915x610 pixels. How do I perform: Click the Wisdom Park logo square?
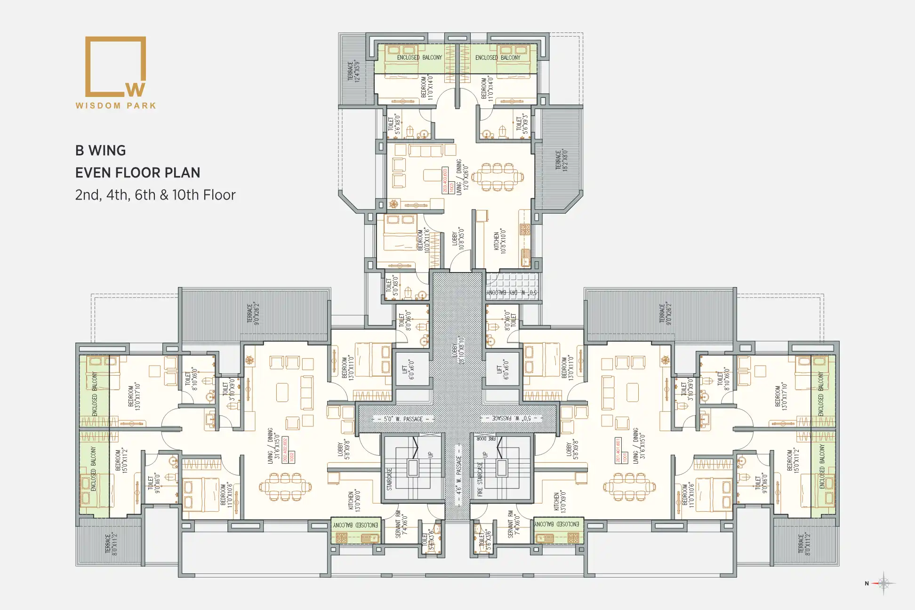coord(115,66)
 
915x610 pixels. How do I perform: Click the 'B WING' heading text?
coord(101,151)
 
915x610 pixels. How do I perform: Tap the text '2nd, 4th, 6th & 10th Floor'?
coord(155,195)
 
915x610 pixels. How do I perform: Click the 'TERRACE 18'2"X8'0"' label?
coord(562,160)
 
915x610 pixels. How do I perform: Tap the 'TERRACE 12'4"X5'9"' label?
coord(353,71)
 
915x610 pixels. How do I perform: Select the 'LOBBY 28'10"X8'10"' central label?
coord(457,350)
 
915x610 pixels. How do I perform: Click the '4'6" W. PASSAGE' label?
coord(458,475)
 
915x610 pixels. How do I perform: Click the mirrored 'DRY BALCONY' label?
coord(511,293)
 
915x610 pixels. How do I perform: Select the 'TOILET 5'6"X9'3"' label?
coord(522,124)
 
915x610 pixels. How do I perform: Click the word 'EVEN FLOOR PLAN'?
coord(138,173)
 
